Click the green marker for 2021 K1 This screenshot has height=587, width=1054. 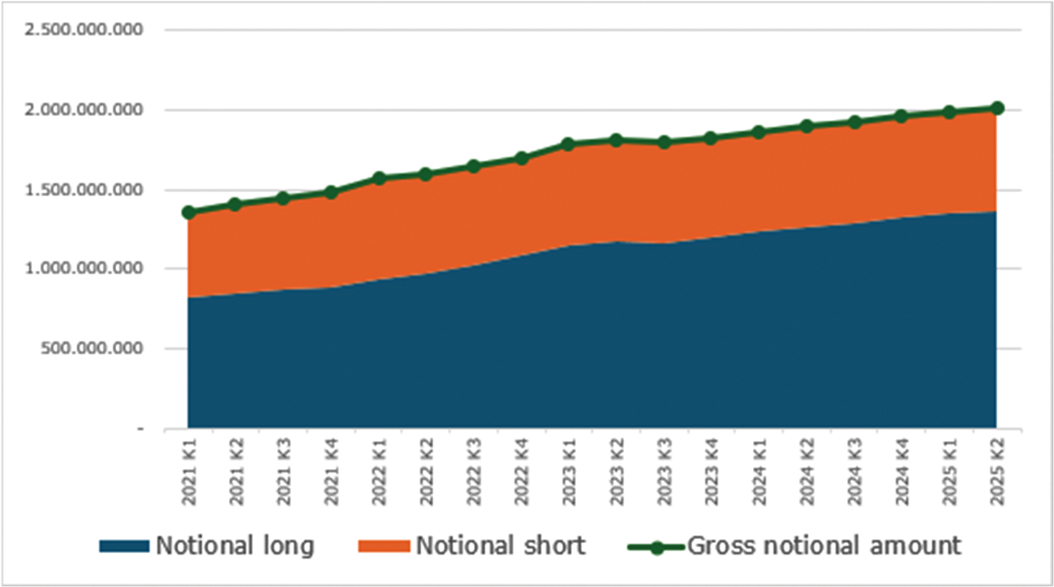[188, 212]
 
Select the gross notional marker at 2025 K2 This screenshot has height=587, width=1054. [997, 108]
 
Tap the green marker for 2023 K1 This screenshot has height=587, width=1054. [569, 144]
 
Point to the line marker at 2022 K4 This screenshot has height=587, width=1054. [522, 158]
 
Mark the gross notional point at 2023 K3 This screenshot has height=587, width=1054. [664, 143]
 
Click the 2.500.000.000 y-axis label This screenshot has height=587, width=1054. [84, 30]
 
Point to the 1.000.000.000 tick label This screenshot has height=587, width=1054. [84, 269]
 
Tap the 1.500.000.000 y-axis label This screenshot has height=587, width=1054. [84, 190]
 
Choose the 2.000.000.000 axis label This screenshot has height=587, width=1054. [84, 110]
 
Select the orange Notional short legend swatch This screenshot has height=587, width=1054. [385, 546]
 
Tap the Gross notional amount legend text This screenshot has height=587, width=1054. [824, 546]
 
